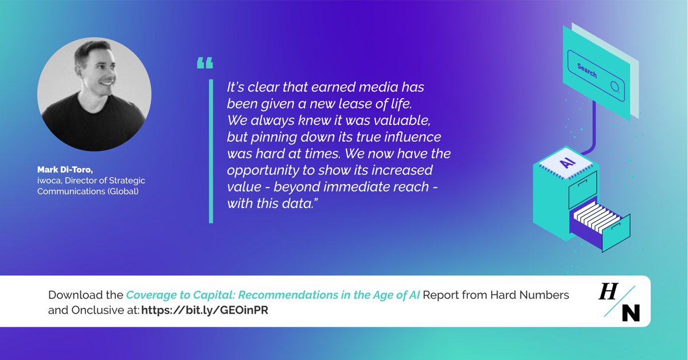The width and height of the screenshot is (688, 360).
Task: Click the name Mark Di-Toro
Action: tap(62, 170)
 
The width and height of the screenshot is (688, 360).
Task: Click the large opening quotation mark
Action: tap(205, 62)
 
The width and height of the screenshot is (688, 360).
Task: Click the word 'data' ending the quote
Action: tap(299, 205)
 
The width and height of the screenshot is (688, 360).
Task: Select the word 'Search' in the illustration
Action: tap(587, 71)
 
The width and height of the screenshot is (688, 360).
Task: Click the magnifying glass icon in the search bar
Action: tap(615, 87)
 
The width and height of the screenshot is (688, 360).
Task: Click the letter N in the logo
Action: tap(630, 312)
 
